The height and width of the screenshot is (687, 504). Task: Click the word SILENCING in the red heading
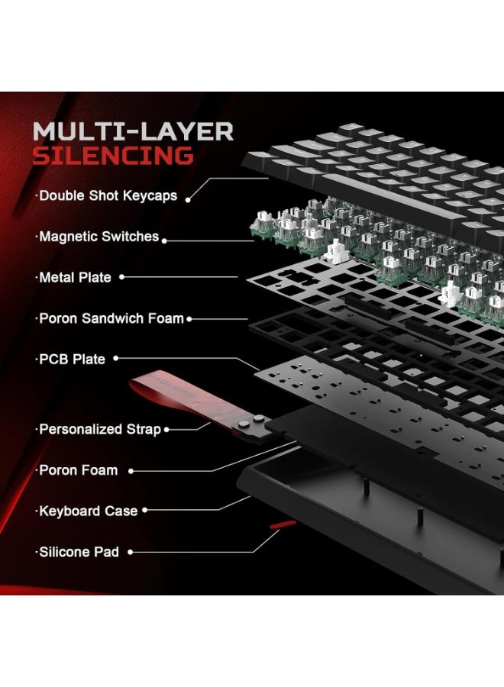112,156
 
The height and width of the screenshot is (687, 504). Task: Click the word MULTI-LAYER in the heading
133,131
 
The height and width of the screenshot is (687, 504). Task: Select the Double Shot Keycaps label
108,195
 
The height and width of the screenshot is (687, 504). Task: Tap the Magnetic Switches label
99,237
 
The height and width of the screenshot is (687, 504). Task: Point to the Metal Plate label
74,278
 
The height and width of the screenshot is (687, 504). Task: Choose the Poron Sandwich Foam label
111,318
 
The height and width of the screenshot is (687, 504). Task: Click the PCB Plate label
72,359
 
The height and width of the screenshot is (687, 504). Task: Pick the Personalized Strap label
99,429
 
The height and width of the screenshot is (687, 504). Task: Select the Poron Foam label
78,470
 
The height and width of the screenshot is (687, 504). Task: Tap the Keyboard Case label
88,511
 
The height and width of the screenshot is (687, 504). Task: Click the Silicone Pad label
79,551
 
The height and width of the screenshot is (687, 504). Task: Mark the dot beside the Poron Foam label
131,471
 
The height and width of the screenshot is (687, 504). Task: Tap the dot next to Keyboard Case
145,511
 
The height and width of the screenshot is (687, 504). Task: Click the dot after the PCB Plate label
118,359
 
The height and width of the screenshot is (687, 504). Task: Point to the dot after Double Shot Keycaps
188,198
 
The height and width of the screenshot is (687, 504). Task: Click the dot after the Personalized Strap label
169,430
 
